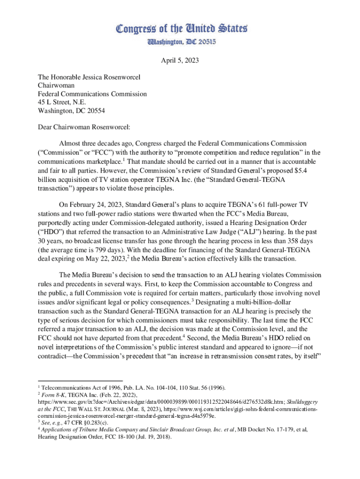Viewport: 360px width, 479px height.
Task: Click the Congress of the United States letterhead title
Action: [180, 29]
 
